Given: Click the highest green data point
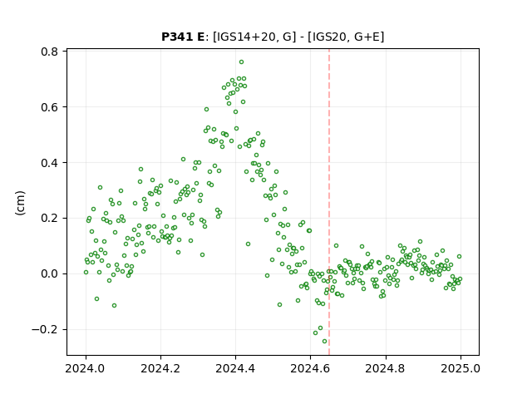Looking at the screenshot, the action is pos(241,62).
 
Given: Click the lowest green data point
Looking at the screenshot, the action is pos(325,342).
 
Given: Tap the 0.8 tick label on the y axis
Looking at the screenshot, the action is pos(49,52).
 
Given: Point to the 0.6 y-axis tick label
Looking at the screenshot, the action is pos(49,107).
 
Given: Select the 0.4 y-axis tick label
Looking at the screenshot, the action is pos(49,163).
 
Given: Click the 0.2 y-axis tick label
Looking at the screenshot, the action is pos(49,218).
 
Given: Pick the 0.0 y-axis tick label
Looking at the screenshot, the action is pos(49,273).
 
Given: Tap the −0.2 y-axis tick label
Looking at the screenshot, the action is pos(45,329).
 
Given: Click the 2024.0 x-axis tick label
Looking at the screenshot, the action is pos(86,368).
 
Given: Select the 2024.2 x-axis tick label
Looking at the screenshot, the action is pos(160,368).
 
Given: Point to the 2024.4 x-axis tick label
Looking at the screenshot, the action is pos(235,368).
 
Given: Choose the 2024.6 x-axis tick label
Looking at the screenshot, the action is pos(310,368).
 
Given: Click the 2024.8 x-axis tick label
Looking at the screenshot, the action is pos(385,368).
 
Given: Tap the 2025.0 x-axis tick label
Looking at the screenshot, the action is pos(461,368).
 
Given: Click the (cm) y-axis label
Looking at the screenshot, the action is pos(20,203).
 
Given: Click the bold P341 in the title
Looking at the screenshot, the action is pos(176,37).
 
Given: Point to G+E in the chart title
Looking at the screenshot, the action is pos(367,37).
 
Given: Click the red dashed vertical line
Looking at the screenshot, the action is pos(329,202).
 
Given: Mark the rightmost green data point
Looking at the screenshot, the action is pos(460,279).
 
